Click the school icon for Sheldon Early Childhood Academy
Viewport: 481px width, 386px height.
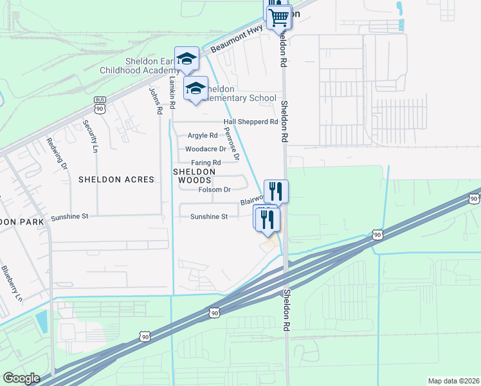tap(186, 59)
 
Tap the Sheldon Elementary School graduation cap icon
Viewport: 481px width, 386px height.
tap(195, 89)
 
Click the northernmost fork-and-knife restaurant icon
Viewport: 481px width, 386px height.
tap(276, 190)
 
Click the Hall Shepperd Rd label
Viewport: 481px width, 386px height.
tap(250, 122)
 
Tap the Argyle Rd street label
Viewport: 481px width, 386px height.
tap(203, 136)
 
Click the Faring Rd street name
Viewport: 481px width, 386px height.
tap(206, 163)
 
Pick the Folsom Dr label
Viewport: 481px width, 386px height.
tap(214, 190)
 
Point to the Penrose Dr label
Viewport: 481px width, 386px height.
tap(231, 143)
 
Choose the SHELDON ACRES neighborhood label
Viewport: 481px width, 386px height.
tap(116, 179)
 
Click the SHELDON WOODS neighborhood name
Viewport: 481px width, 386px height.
tap(193, 177)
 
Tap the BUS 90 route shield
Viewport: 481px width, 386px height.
tap(100, 105)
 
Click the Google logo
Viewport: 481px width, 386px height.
tap(21, 378)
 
